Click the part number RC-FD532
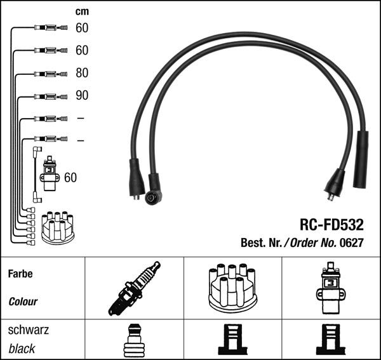click(x=331, y=224)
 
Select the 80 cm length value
click(x=81, y=73)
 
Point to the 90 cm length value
click(x=81, y=96)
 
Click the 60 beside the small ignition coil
click(x=70, y=178)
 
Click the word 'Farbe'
click(x=20, y=275)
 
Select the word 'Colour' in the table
click(x=23, y=302)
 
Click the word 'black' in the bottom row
click(x=22, y=349)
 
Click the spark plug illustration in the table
click(x=133, y=288)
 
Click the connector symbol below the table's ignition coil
click(x=330, y=341)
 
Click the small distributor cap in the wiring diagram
click(x=57, y=227)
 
